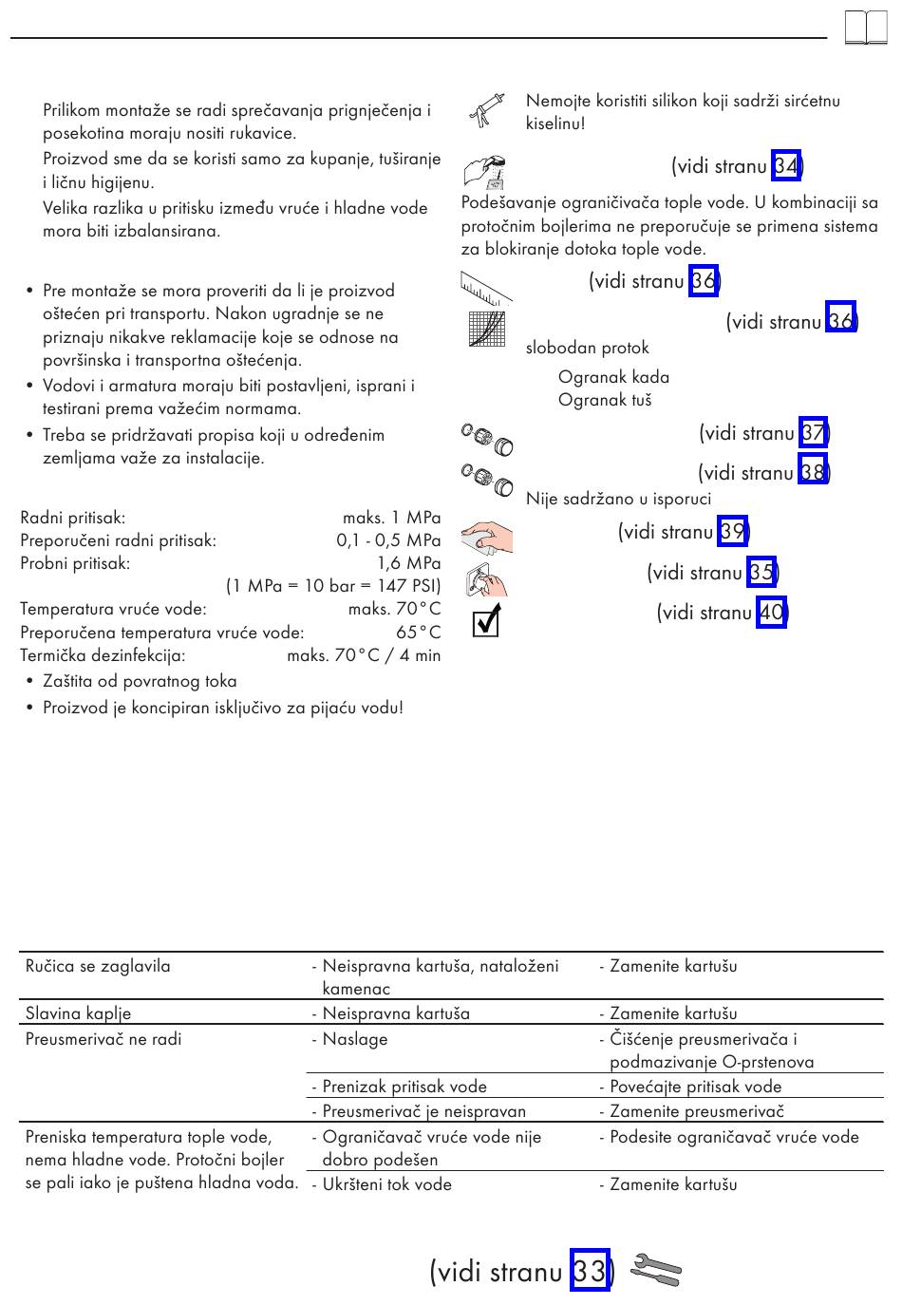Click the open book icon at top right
tap(865, 28)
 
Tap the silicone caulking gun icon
tap(485, 111)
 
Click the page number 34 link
tap(786, 166)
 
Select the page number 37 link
tap(813, 433)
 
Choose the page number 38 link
tap(812, 472)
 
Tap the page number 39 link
tap(732, 531)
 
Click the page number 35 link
tap(761, 572)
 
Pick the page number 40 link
tap(771, 612)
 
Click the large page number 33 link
tap(589, 1270)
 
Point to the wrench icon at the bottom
tap(655, 1270)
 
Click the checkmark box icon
tap(485, 622)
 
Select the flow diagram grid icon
tap(487, 330)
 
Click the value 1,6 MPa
tap(408, 563)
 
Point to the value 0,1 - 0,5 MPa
tap(388, 540)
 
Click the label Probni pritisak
tap(75, 563)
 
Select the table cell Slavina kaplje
tap(79, 1013)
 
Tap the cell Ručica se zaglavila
tap(98, 966)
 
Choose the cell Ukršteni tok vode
tap(386, 1184)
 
